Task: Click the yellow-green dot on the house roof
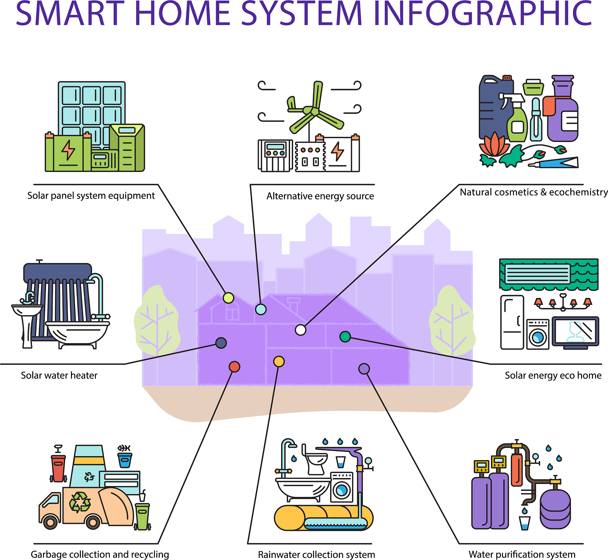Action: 228,298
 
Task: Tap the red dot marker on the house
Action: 234,367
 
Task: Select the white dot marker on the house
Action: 300,330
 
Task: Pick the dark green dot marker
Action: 345,337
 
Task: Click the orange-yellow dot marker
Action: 279,362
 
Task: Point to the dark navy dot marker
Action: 221,343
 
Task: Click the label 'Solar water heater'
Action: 59,376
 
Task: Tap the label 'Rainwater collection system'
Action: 316,555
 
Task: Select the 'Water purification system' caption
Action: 522,555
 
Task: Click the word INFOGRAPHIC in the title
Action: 483,13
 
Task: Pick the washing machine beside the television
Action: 538,334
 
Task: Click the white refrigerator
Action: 512,322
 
